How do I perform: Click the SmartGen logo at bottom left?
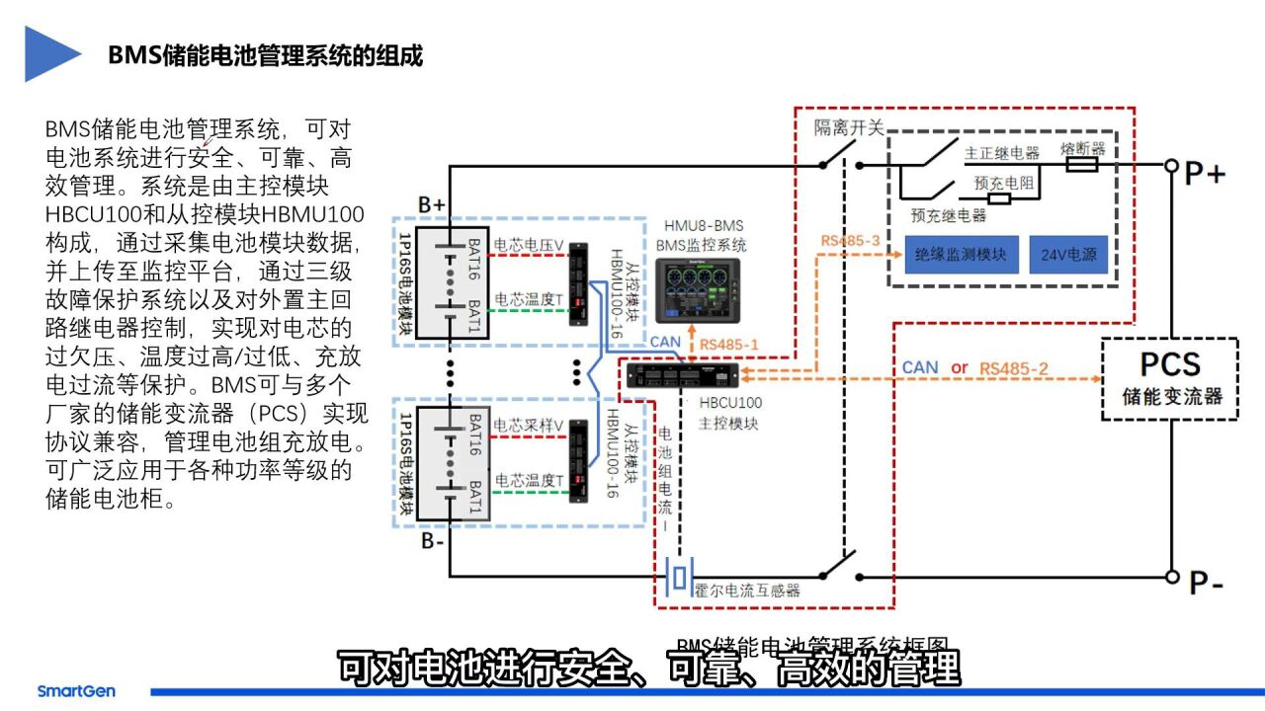76,691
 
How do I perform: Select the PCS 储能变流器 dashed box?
1170,379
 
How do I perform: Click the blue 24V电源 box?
1067,254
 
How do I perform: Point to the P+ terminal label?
1204,175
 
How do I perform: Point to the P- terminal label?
1206,584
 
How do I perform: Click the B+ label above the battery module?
431,203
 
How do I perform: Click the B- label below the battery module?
433,540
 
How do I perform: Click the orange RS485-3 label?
849,240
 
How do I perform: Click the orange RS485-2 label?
1014,367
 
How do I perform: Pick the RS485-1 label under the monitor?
729,345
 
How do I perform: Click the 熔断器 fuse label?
1082,148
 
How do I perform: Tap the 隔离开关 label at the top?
848,128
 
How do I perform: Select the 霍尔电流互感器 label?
746,590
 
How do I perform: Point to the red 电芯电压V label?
529,244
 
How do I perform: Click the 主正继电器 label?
1002,153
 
